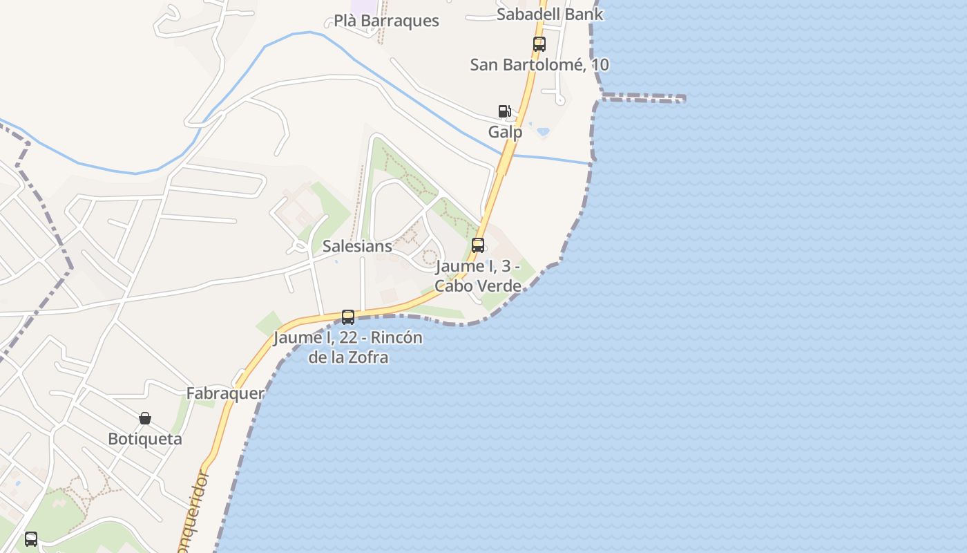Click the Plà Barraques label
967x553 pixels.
pos(386,21)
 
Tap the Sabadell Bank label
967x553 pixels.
pos(550,14)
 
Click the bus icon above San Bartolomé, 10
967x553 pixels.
pos(539,44)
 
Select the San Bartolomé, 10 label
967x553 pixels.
pos(539,65)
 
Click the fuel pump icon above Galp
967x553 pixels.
pos(505,111)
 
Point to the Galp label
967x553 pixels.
pos(505,131)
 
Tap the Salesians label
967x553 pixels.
pos(357,246)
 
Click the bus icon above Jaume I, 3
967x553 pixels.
pos(477,245)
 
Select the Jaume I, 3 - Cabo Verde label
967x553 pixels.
pos(477,276)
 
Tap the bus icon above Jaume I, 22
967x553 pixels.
pos(348,317)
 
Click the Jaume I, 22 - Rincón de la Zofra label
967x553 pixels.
pos(348,348)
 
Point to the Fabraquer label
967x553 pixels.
pos(225,393)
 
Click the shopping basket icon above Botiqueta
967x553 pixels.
pos(145,418)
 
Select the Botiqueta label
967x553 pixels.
pos(145,439)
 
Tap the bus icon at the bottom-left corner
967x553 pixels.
pos(31,539)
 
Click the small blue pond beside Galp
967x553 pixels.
pos(543,131)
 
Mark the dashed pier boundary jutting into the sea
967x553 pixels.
pos(642,98)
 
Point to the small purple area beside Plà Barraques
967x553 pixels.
pos(361,6)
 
